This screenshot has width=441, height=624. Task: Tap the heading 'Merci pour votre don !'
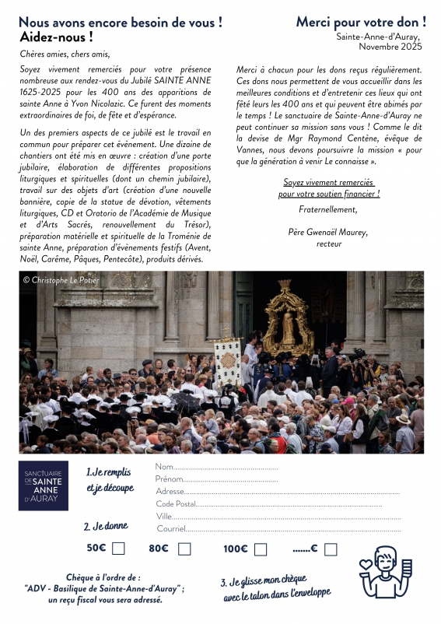coord(360,22)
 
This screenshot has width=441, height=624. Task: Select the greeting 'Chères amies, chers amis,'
coord(66,54)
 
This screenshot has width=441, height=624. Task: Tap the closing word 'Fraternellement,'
coord(328,209)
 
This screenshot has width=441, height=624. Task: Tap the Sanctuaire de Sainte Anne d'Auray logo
coord(44,486)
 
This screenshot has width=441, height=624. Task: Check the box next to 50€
coord(118,549)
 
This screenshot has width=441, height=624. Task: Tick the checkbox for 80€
coord(184,549)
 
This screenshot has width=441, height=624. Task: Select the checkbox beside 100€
coord(261,549)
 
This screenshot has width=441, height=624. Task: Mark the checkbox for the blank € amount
coord(331,549)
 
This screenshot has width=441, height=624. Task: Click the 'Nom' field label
coord(164,467)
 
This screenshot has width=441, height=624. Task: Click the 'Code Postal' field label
coord(176,503)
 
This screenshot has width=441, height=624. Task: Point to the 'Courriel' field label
coord(172,528)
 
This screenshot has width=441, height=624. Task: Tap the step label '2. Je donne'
coord(106,526)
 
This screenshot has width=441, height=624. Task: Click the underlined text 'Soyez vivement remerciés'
coord(329,182)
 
